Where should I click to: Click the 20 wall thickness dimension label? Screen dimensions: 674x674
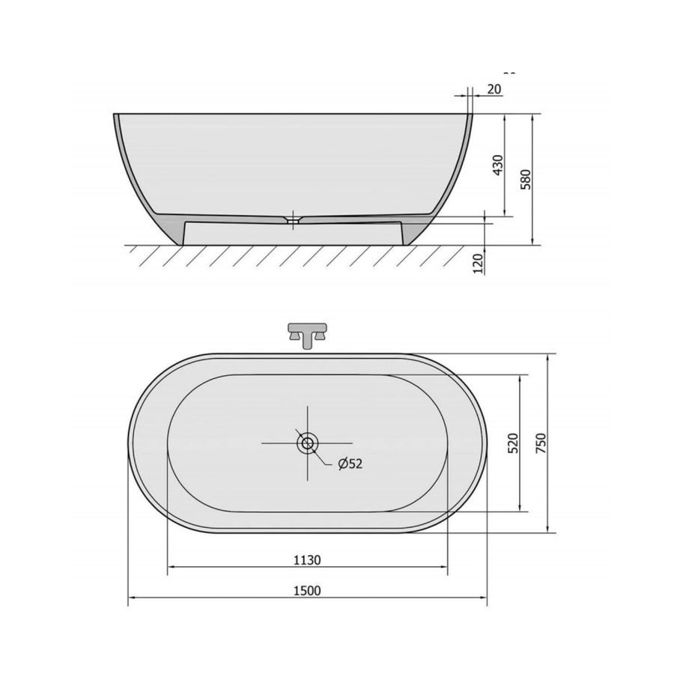[x=494, y=89]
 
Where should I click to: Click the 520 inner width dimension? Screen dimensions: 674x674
[x=512, y=443]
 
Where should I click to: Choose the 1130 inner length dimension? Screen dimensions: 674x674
[x=307, y=559]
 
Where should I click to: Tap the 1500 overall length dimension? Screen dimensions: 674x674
[x=307, y=590]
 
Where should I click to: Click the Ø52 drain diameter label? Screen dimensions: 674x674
[x=350, y=464]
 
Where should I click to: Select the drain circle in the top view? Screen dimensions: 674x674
[x=307, y=443]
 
